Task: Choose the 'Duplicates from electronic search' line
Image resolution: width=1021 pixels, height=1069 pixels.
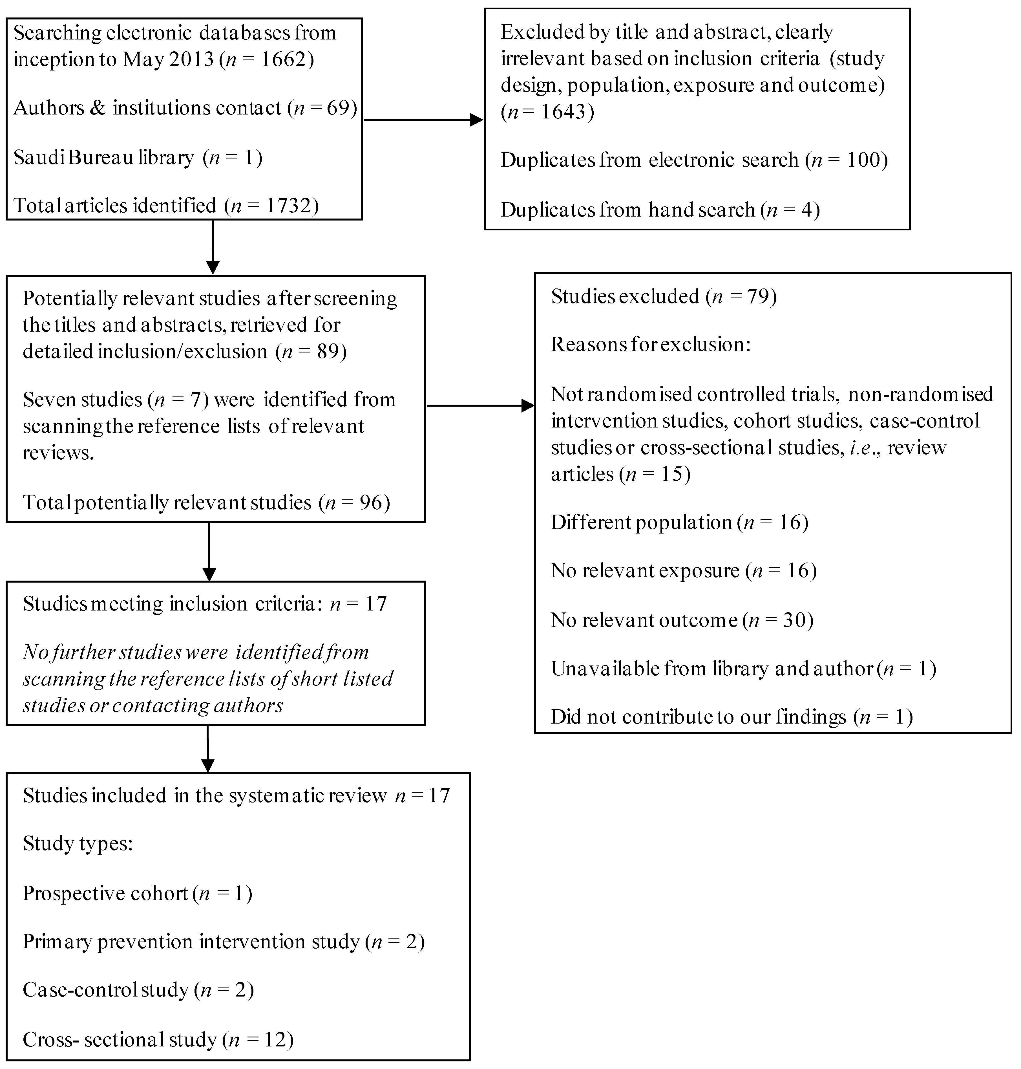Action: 694,160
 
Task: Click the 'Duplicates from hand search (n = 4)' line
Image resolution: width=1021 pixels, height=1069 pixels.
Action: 660,210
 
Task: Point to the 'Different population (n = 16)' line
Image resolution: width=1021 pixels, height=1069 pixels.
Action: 679,523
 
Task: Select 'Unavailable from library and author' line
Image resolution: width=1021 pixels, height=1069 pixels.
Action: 743,668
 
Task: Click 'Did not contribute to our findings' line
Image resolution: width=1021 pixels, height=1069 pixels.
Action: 732,717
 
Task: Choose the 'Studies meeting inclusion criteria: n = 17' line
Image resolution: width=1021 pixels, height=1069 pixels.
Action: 205,604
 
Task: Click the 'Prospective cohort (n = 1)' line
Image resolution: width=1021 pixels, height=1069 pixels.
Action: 137,893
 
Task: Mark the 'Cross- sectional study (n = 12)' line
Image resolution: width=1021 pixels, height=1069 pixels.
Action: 158,1040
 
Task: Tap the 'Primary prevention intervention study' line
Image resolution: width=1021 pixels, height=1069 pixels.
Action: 223,942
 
